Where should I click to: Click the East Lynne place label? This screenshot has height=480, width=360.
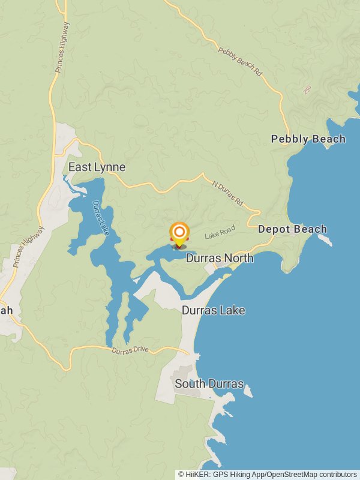[x=97, y=167]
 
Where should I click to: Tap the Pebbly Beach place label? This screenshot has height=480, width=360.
[x=308, y=139]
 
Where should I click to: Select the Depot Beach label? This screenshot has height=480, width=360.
[x=293, y=229]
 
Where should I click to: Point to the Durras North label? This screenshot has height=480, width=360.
[x=220, y=258]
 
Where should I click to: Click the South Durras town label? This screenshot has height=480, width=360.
[x=209, y=383]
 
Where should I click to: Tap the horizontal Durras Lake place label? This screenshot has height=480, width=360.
[x=214, y=311]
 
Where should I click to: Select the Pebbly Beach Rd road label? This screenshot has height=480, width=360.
[x=241, y=62]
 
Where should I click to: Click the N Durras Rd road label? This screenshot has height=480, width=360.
[x=227, y=191]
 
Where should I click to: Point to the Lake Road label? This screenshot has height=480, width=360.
[x=220, y=232]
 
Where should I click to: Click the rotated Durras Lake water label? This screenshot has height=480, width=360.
[x=100, y=217]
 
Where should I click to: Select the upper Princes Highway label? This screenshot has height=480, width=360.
[x=62, y=47]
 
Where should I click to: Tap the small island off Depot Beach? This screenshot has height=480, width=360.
[x=325, y=240]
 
